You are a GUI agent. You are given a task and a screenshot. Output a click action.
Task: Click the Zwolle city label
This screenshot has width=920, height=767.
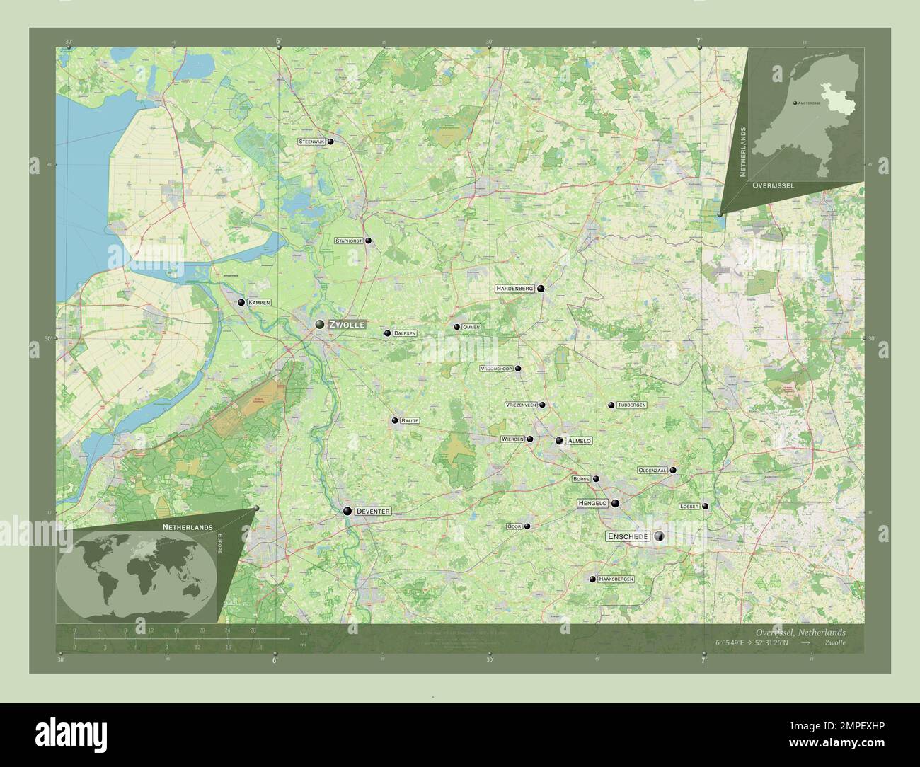[x=346, y=324]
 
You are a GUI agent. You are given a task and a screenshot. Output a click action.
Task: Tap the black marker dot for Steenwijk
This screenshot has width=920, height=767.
[x=330, y=142]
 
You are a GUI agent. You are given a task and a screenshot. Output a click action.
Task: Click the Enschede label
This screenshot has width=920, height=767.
[x=627, y=537]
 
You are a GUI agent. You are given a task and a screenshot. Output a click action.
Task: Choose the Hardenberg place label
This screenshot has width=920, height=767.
[x=514, y=289]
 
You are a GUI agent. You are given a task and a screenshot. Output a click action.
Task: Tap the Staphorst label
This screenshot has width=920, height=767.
[x=349, y=241]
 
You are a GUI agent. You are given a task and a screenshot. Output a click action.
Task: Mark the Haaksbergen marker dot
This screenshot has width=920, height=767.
[x=592, y=579]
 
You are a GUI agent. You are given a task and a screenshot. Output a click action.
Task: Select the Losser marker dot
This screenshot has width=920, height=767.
[x=705, y=507]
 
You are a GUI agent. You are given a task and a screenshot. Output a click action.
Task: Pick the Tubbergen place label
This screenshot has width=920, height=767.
[x=631, y=405]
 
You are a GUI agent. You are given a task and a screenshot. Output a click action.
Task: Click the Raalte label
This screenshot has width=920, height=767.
[x=410, y=421]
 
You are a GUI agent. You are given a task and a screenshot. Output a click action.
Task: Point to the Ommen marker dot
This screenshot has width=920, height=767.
[x=457, y=327]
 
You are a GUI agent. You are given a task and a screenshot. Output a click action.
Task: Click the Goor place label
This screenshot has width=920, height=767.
[x=514, y=526]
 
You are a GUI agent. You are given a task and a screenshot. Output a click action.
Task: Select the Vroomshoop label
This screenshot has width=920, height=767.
[x=496, y=369]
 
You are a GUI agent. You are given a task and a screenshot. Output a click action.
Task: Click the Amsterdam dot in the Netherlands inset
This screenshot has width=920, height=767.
[x=795, y=103]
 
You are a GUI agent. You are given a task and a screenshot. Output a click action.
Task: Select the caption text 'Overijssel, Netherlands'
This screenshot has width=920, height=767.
[x=799, y=632]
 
